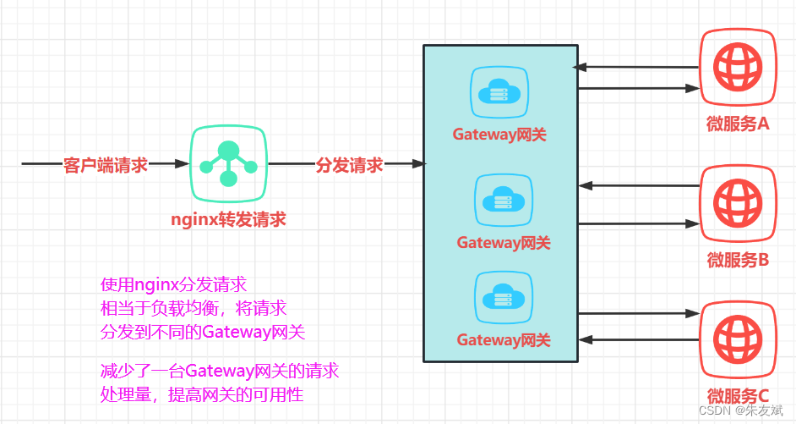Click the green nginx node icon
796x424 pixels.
[x=228, y=162]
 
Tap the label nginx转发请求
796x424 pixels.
[x=228, y=220]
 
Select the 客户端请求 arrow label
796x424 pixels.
[x=106, y=165]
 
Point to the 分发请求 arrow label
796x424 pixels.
[x=349, y=165]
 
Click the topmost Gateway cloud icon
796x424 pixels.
[x=499, y=92]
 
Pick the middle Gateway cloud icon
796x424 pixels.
[x=504, y=201]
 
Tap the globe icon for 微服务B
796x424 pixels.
[x=738, y=203]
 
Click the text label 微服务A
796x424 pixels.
[x=738, y=124]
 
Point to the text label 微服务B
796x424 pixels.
[x=738, y=260]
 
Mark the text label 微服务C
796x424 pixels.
[x=738, y=395]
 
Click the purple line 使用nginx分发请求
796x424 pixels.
[x=174, y=284]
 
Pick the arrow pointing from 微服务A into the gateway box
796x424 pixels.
[x=635, y=67]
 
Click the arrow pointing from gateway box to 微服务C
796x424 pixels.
[x=639, y=314]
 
